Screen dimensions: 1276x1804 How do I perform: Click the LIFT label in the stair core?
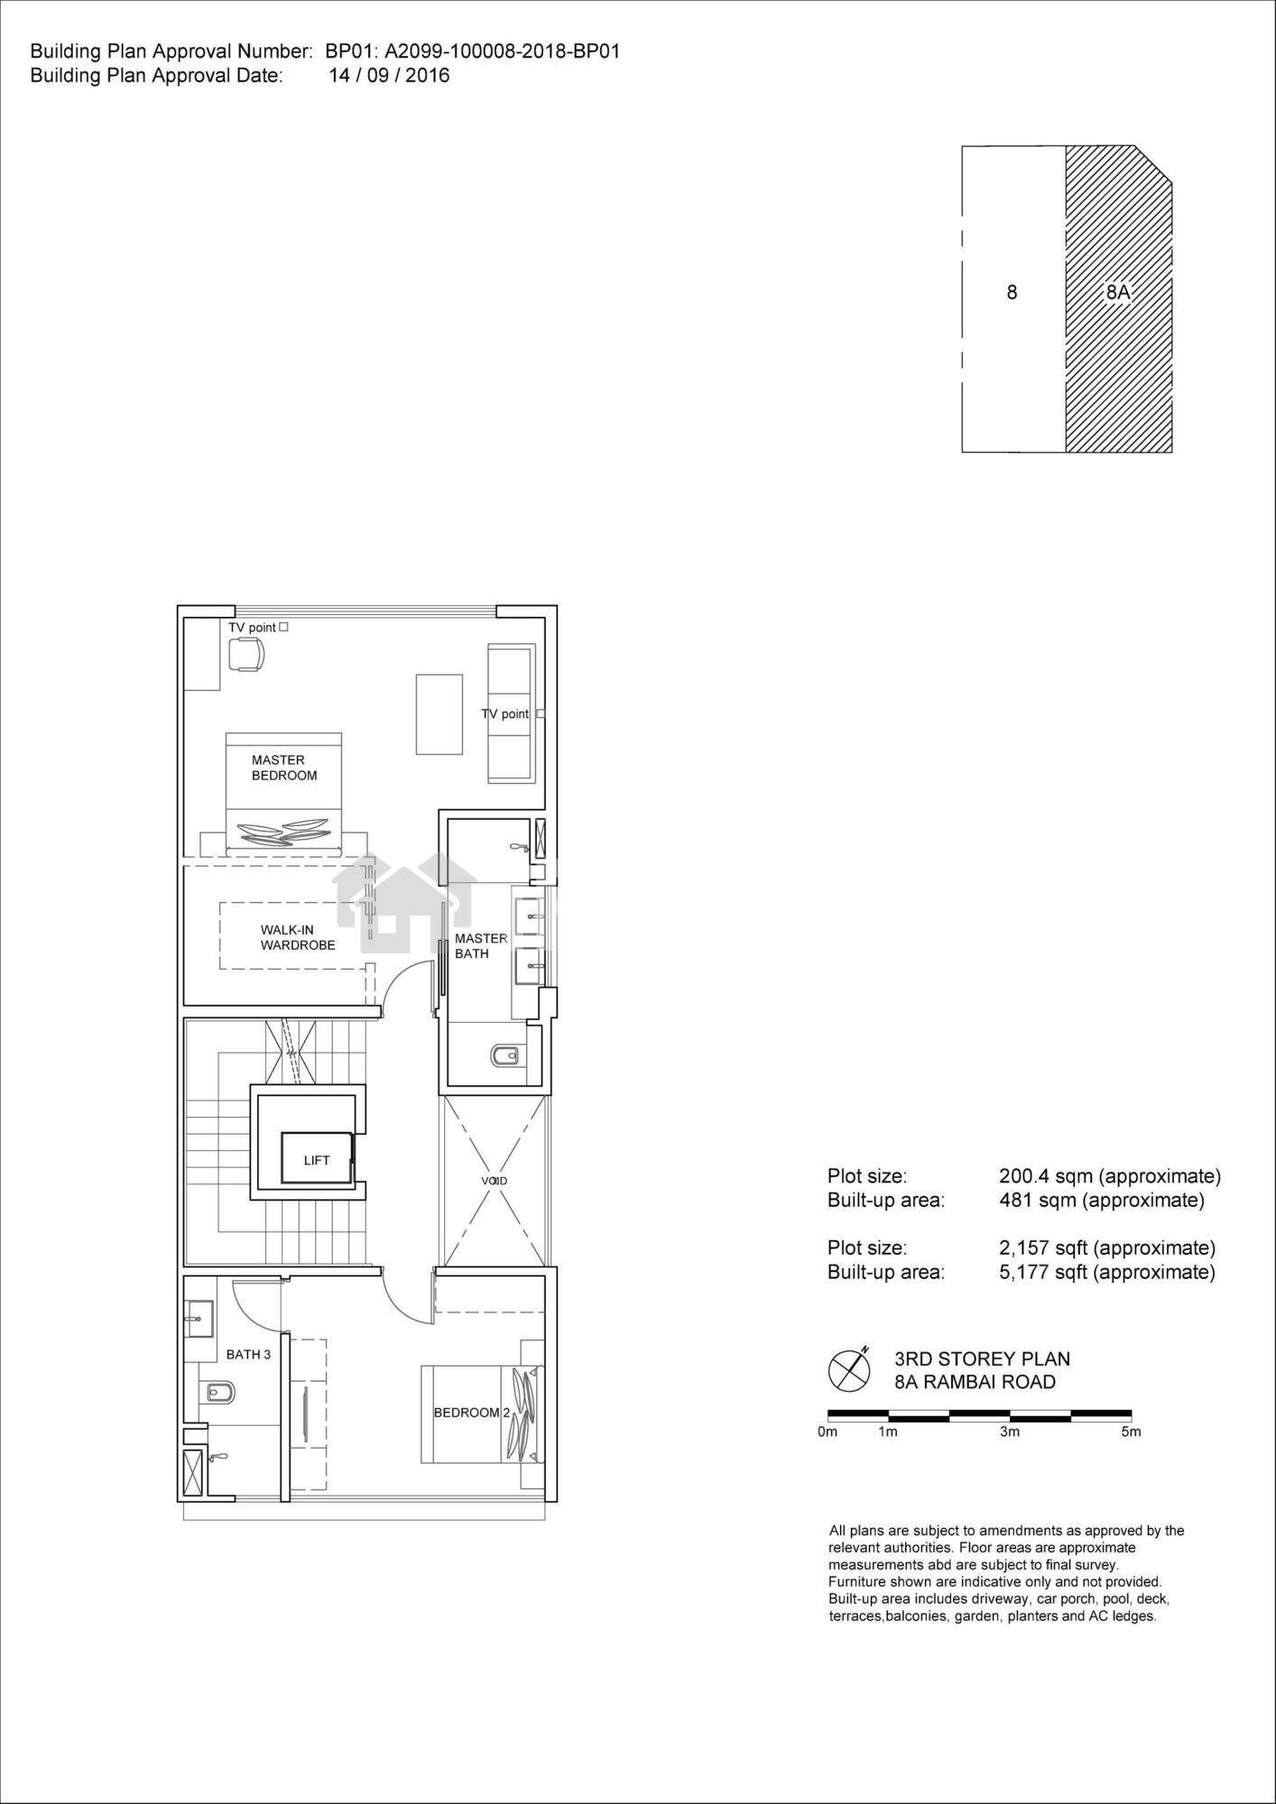point(317,1160)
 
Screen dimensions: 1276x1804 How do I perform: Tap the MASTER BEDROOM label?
point(284,768)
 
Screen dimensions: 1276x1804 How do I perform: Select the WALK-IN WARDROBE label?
point(298,937)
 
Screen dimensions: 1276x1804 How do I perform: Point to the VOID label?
point(494,1180)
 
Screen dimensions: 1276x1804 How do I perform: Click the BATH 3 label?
point(248,1354)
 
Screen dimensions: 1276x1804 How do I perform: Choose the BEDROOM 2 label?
point(472,1412)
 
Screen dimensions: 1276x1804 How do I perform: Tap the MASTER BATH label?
point(481,945)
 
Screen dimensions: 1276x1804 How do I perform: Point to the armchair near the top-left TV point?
point(245,654)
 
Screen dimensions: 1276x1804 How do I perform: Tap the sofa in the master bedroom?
point(512,713)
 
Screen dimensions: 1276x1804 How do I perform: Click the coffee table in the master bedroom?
point(439,713)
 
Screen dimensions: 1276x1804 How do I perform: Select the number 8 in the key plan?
point(1012,292)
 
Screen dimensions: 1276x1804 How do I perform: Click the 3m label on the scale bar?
point(1010,1431)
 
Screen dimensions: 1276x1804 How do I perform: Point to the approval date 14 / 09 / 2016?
point(389,76)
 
